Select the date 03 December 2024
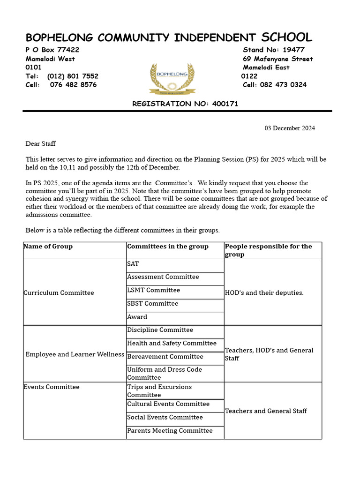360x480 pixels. click(x=290, y=128)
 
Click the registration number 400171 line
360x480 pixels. click(x=185, y=104)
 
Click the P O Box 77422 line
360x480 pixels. click(x=52, y=50)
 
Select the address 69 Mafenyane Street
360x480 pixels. click(x=277, y=59)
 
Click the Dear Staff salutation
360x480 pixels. click(x=40, y=143)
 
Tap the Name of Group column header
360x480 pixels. click(x=48, y=246)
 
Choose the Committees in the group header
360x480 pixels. click(x=168, y=246)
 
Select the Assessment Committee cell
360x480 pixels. click(x=163, y=277)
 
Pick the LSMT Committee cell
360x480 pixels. click(x=153, y=290)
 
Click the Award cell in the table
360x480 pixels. click(x=137, y=317)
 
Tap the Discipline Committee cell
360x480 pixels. click(x=160, y=330)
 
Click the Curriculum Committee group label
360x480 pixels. click(x=59, y=292)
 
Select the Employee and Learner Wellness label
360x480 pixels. click(x=75, y=354)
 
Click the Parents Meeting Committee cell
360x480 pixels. click(x=170, y=430)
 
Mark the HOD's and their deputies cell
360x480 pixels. click(x=264, y=292)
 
